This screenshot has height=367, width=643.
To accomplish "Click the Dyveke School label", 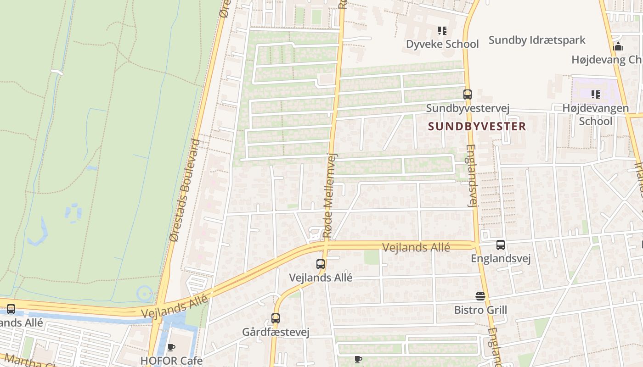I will pyautogui.click(x=442, y=44).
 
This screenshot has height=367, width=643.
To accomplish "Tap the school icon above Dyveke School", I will pyautogui.click(x=442, y=31).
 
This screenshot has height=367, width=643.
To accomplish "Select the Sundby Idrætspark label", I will pyautogui.click(x=537, y=40).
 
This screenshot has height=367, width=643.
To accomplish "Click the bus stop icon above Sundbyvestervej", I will pyautogui.click(x=468, y=95).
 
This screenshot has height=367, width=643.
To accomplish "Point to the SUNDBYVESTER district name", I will pyautogui.click(x=477, y=126).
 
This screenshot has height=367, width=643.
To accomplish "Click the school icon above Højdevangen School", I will pyautogui.click(x=596, y=95).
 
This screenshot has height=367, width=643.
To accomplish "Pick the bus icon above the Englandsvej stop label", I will pyautogui.click(x=501, y=245).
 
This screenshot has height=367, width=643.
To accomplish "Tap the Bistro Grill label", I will pyautogui.click(x=480, y=310).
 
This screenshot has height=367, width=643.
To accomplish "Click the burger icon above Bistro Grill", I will pyautogui.click(x=480, y=296).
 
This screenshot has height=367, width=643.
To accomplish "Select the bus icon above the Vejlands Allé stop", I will pyautogui.click(x=321, y=264).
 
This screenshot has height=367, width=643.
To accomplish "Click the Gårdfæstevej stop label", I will pyautogui.click(x=276, y=332).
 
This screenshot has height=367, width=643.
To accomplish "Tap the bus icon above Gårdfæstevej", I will pyautogui.click(x=276, y=318).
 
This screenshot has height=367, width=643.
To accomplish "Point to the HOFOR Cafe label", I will pyautogui.click(x=171, y=361).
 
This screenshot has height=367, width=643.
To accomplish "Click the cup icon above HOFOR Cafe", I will pyautogui.click(x=171, y=348).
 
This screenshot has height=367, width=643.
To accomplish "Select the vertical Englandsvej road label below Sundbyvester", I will pyautogui.click(x=471, y=176).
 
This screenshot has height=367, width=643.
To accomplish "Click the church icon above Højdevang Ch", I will pyautogui.click(x=618, y=46).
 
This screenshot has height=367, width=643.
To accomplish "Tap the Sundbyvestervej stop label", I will pyautogui.click(x=468, y=108).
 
